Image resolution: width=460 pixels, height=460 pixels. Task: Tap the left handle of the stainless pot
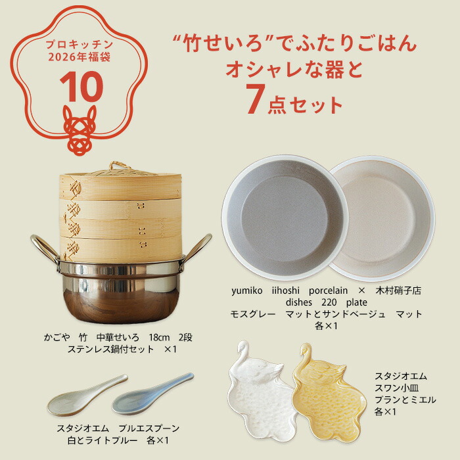(42, 250)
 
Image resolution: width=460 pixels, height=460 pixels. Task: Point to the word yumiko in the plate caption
(246, 290)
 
